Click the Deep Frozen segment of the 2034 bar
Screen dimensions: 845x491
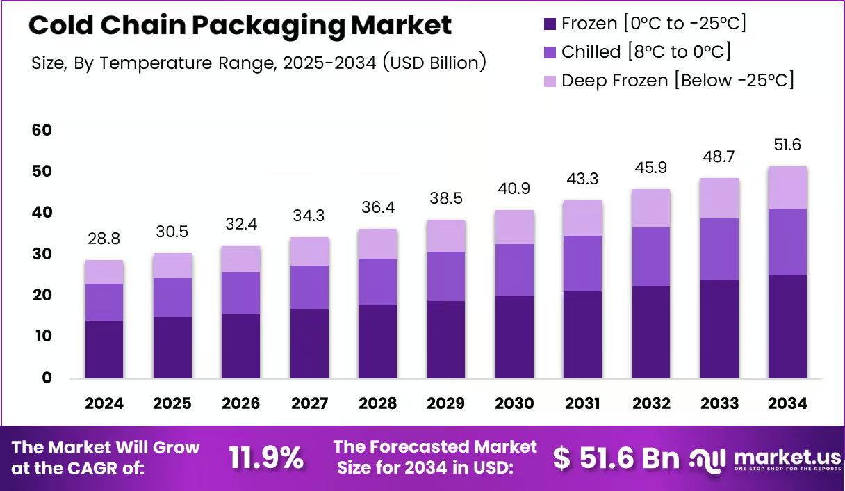point(787,188)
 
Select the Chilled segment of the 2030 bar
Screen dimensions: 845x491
point(514,271)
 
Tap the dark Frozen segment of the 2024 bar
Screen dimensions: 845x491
point(104,350)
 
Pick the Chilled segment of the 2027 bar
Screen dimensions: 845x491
point(309,288)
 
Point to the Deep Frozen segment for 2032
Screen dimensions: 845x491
point(651,209)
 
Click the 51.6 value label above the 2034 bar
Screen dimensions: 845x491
point(787,145)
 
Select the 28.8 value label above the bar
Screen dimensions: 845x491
point(104,239)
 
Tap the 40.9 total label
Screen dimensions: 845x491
point(514,188)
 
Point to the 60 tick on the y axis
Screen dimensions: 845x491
point(42,130)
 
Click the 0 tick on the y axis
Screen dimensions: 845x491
point(47,378)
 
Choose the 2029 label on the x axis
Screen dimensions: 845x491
point(446,403)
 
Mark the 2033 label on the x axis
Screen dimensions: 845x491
point(719,403)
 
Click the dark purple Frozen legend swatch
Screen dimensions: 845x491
point(550,24)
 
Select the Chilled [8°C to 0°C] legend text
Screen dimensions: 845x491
point(646,51)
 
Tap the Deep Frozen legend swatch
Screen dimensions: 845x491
point(550,81)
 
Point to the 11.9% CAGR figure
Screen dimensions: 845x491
point(266,458)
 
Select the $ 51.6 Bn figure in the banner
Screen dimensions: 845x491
point(616,458)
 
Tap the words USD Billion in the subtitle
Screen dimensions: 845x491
point(434,63)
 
